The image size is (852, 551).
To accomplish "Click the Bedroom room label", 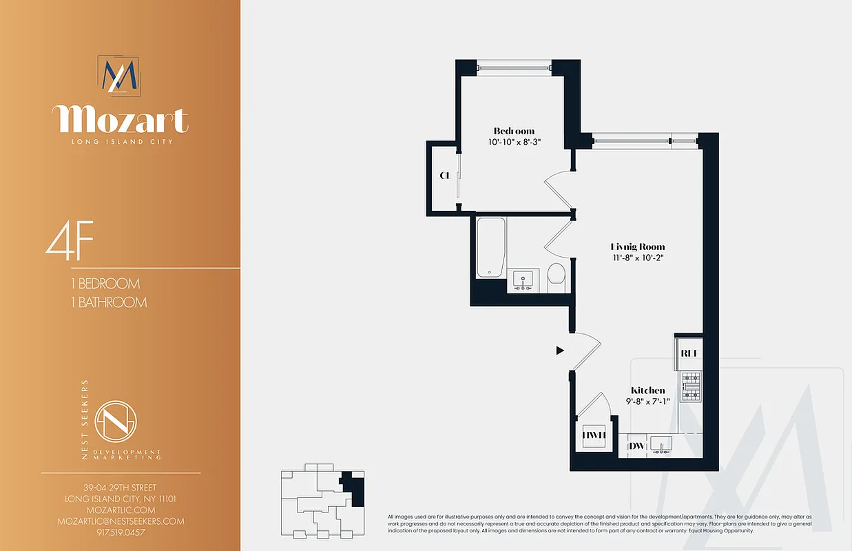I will [x=514, y=131].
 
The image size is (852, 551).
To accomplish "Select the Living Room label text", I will [x=638, y=247].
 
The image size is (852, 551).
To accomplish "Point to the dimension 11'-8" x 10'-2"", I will [x=638, y=258].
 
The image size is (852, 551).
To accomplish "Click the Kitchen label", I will [x=648, y=391].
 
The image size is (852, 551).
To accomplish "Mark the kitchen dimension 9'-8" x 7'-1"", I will [x=648, y=402].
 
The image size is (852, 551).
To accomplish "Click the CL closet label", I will [x=445, y=175].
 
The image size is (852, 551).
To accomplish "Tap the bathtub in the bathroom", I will [x=490, y=248].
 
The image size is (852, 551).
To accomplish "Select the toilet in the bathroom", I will [x=556, y=277].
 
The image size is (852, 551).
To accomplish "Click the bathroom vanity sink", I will [x=523, y=281].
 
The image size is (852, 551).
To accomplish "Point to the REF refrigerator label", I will [x=689, y=353].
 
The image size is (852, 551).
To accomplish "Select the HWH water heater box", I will [x=593, y=435].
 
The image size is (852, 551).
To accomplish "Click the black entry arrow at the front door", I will [x=560, y=351].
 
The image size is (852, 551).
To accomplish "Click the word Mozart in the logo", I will [x=120, y=120].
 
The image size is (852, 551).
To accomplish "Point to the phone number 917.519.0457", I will [x=121, y=532].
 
